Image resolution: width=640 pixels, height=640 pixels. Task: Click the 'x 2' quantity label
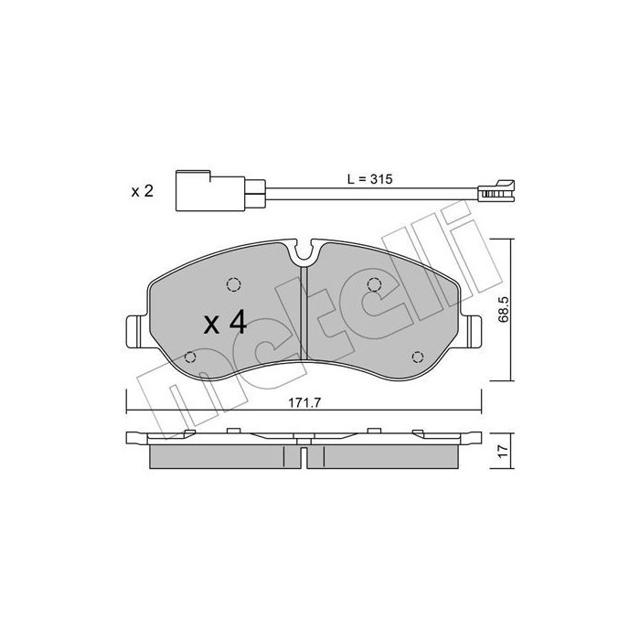142,190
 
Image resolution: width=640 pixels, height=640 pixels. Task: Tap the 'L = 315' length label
369,179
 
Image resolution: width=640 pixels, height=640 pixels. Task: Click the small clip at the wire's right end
496,191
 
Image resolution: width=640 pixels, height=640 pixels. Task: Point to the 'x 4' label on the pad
225,322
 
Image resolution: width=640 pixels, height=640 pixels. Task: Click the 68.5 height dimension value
503,309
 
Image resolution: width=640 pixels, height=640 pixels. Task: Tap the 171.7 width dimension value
304,403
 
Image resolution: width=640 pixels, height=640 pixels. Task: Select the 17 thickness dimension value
503,451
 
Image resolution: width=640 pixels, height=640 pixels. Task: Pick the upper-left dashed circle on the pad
233,284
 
